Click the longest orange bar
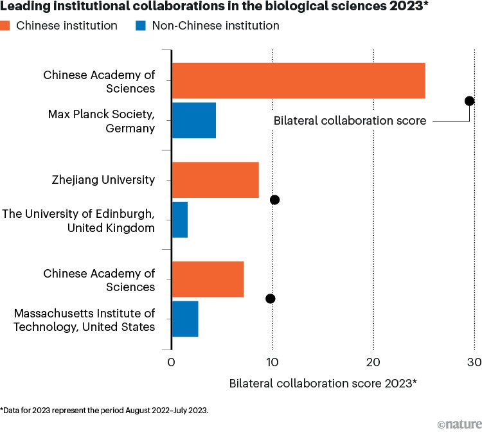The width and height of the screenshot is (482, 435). pos(298,81)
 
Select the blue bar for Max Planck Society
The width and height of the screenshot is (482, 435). pos(193,120)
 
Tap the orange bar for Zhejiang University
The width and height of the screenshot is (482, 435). pos(215,180)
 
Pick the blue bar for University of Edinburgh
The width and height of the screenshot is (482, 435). pos(180,220)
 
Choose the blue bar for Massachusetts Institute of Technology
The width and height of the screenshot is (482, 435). pos(185,319)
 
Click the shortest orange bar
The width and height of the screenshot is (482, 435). pos(208,280)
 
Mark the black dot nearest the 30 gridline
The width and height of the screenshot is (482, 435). pos(469,101)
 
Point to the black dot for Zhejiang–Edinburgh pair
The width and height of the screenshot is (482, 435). pos(275,200)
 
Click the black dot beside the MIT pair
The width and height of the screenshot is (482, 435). pos(270,299)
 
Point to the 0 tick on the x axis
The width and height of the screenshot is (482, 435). pos(171,362)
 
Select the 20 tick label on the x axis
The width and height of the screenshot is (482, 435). pos(373,362)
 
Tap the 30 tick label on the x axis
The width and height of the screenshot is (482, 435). pos(474,362)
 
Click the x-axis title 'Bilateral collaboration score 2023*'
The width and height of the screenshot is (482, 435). pos(323,384)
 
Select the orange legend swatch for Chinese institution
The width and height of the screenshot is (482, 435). pos(6,26)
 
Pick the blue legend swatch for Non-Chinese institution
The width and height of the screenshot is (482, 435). pos(141,26)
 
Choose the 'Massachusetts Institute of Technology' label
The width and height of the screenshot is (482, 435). pos(84,319)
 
